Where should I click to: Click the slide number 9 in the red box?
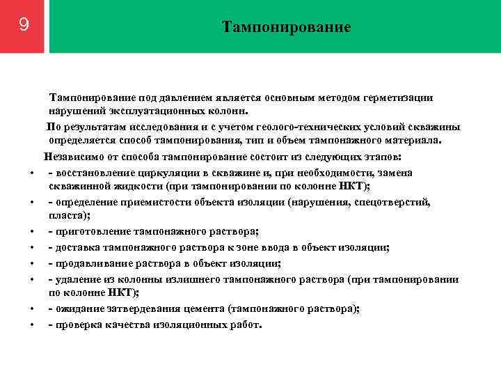point(24,26)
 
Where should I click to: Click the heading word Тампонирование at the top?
point(286,27)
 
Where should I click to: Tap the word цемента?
point(199,309)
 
